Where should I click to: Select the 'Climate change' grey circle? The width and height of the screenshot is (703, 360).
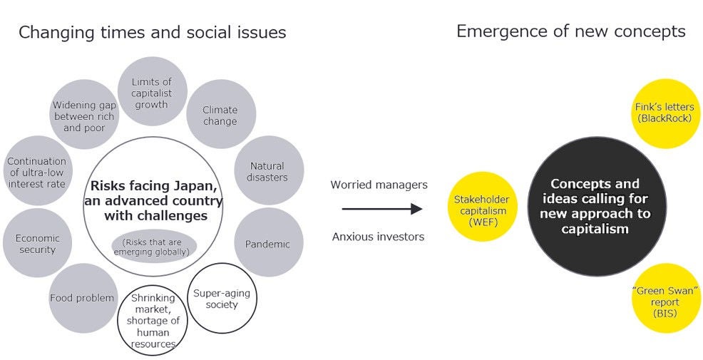(220, 115)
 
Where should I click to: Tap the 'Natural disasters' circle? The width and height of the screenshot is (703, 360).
(268, 171)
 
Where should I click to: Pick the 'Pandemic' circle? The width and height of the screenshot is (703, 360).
(268, 243)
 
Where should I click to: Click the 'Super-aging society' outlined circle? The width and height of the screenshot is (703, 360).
(221, 299)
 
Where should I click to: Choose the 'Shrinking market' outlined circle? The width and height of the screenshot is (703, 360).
(153, 320)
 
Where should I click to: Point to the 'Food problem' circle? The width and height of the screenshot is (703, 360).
(83, 298)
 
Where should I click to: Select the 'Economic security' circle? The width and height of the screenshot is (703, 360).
(38, 243)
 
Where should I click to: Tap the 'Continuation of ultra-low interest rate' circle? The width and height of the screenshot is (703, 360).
(38, 171)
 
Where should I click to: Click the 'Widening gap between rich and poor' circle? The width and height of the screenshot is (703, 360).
(84, 115)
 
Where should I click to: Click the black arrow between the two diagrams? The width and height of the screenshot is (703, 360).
(381, 210)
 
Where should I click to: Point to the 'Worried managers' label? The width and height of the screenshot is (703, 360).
(379, 185)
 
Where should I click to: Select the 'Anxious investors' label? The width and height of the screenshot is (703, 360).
(378, 236)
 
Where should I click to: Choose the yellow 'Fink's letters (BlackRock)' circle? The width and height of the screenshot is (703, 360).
(664, 113)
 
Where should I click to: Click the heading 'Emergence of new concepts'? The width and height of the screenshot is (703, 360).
(570, 31)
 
